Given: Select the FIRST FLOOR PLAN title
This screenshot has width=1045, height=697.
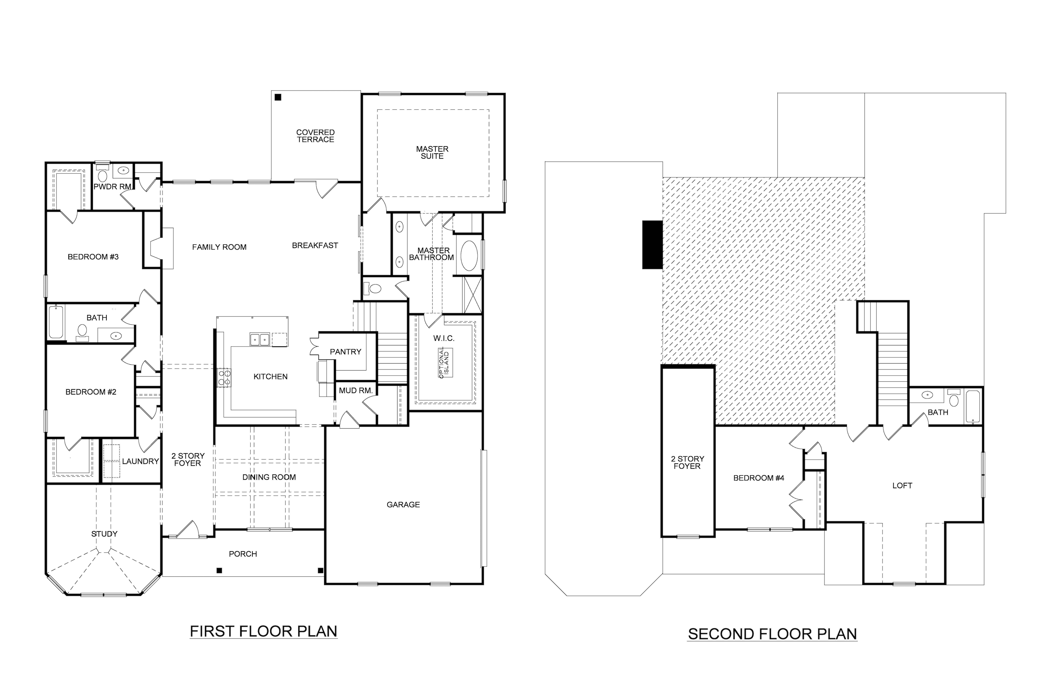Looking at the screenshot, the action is coord(263,631).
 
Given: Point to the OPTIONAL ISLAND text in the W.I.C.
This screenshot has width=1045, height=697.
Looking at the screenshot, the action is coord(444,362).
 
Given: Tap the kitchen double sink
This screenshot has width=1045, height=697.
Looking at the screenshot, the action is coord(260,339).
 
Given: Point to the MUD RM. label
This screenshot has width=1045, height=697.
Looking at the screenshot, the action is coord(355,390).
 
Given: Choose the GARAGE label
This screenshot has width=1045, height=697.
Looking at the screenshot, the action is coord(403,505).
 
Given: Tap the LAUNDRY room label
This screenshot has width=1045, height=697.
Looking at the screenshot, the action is coord(140,462).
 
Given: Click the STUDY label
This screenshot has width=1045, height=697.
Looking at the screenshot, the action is coord(104,534).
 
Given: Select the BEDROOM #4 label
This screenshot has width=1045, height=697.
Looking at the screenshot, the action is coord(758,478).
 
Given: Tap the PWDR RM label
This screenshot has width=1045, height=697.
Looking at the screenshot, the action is coord(112,187).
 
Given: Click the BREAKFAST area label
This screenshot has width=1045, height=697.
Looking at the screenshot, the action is coord(315,245).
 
